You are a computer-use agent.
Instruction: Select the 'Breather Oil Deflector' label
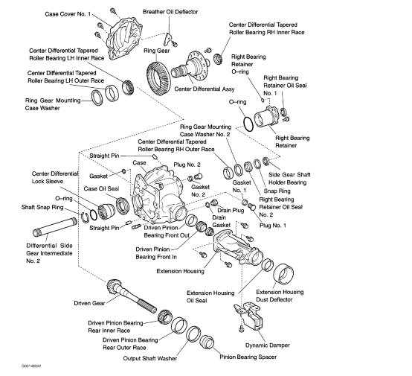coord(170,13)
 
